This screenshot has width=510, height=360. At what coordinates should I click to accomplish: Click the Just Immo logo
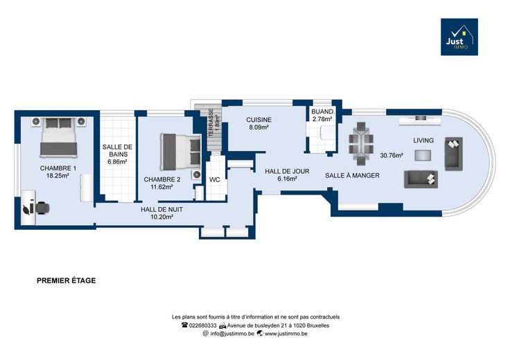pyautogui.click(x=459, y=37)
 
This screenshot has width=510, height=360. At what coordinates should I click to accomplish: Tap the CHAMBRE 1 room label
pyautogui.click(x=58, y=168)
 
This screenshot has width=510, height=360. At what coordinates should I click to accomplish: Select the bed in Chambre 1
pyautogui.click(x=58, y=137)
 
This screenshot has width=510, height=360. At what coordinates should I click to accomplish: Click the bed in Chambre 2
pyautogui.click(x=181, y=152)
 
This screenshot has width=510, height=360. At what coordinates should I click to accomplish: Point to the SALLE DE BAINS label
pyautogui.click(x=117, y=151)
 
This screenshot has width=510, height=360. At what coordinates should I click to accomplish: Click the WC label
pyautogui.click(x=215, y=180)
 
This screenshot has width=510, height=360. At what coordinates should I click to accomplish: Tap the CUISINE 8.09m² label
pyautogui.click(x=259, y=123)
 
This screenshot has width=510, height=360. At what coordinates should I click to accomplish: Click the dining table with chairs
pyautogui.click(x=361, y=143)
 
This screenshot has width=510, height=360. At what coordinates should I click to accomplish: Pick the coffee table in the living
pyautogui.click(x=423, y=155)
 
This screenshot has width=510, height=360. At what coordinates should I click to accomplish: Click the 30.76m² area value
pyautogui.click(x=392, y=156)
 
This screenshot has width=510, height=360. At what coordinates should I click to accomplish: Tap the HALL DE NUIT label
pyautogui.click(x=161, y=210)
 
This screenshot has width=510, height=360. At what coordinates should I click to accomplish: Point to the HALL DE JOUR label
pyautogui.click(x=287, y=171)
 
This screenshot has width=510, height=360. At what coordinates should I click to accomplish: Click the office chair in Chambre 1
pyautogui.click(x=42, y=208)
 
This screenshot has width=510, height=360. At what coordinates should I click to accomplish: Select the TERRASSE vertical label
pyautogui.click(x=211, y=123)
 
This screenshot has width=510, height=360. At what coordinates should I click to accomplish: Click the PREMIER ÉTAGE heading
pyautogui.click(x=67, y=280)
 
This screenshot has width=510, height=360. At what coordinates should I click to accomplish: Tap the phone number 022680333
pyautogui.click(x=202, y=325)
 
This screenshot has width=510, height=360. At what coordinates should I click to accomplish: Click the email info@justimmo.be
pyautogui.click(x=232, y=334)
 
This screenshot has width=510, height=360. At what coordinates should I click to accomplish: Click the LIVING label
pyautogui.click(x=423, y=141)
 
